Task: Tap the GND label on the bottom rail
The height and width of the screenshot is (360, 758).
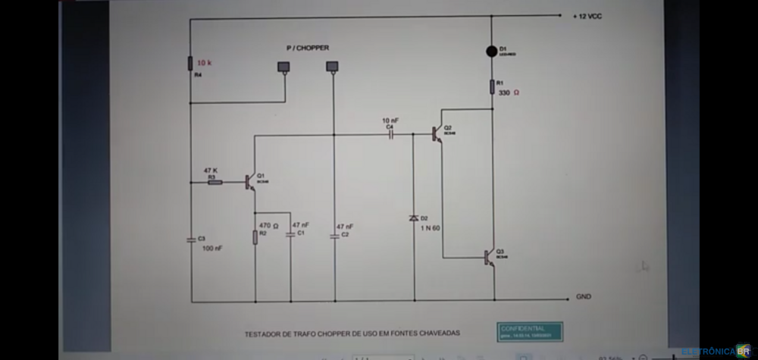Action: point(584,296)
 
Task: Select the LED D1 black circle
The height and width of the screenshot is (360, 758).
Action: point(492,52)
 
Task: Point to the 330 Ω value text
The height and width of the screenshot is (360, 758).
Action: point(509,93)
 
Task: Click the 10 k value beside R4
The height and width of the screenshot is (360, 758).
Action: point(205,63)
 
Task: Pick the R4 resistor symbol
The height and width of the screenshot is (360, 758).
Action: point(189,63)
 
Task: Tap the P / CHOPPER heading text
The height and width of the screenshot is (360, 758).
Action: point(307,48)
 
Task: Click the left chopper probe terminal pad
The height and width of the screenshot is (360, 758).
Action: point(283,67)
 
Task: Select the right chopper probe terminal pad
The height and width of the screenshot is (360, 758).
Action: point(332,67)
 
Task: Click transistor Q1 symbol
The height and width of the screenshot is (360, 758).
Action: point(250,182)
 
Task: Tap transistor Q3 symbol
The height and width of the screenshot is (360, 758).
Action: point(489,258)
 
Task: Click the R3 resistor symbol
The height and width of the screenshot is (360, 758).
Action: point(215,182)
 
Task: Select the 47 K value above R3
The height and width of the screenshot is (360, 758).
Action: point(211,171)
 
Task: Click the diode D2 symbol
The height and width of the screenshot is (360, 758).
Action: point(414,218)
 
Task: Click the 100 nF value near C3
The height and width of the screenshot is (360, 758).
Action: point(212,249)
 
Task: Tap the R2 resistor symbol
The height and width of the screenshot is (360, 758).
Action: point(255,237)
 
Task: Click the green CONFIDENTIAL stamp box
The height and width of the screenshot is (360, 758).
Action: point(531,331)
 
